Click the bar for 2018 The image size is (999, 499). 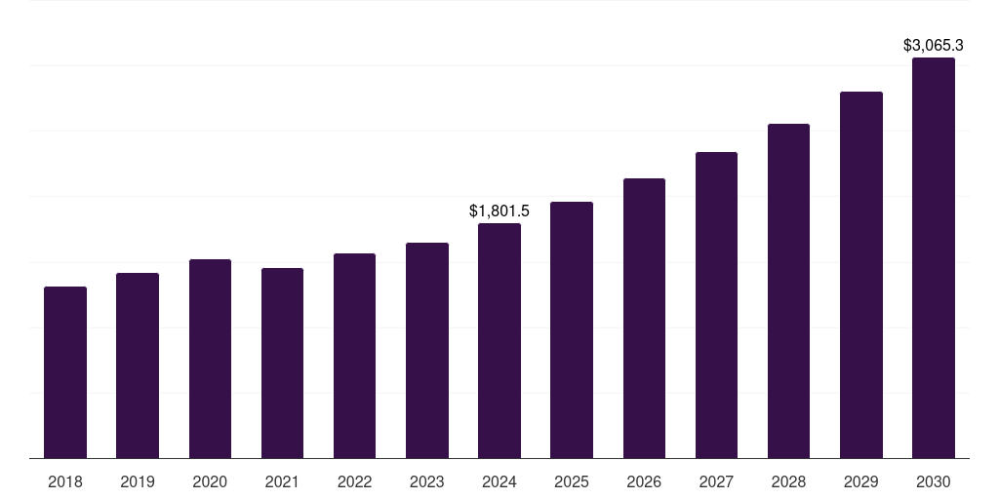[65, 372]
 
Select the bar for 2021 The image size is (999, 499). [282, 363]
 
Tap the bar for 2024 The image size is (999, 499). [499, 340]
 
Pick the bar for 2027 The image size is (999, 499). [716, 305]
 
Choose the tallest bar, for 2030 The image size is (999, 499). [934, 257]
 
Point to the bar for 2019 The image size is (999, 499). [138, 365]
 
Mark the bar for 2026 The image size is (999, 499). [644, 318]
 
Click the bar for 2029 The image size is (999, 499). [861, 275]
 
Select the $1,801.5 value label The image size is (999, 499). [499, 211]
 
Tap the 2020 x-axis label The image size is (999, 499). [210, 481]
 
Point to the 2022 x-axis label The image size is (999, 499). [354, 481]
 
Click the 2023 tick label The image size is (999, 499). [427, 481]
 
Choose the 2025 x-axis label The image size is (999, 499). [572, 481]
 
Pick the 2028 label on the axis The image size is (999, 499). [788, 481]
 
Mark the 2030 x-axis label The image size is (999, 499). [934, 481]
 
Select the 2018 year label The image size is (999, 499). [65, 481]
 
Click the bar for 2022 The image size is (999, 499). [354, 356]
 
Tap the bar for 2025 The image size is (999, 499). [572, 329]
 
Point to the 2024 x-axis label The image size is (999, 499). [499, 481]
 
